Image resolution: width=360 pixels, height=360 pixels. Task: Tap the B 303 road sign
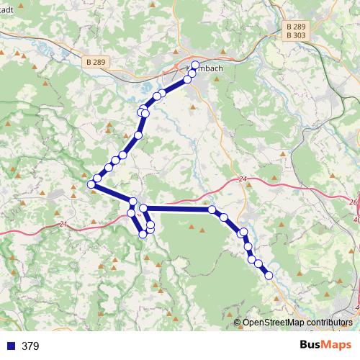coord(296,35)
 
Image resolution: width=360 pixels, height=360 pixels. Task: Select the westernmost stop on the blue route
coord(91,186)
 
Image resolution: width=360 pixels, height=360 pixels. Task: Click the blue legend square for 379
coord(11,346)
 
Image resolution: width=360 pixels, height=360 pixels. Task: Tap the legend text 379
coord(30,346)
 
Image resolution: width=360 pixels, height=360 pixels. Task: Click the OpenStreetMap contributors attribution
coord(297,322)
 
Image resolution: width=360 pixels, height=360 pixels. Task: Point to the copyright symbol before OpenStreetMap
coord(238,322)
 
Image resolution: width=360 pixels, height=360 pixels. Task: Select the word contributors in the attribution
coord(328,322)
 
